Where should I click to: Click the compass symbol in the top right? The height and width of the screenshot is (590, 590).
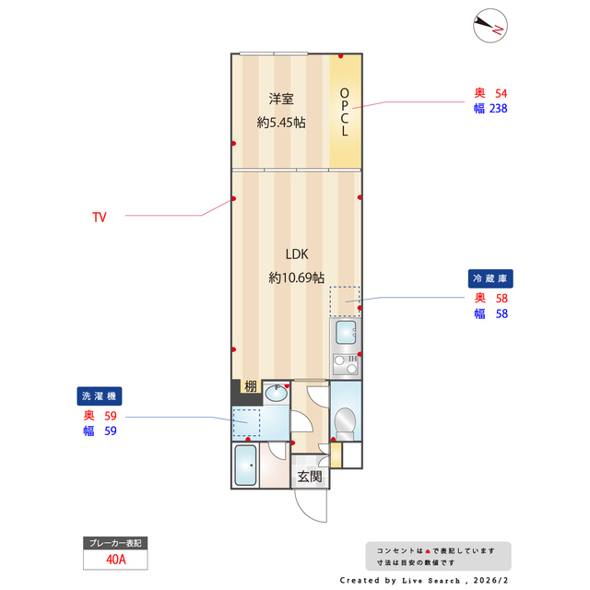pos(489,27)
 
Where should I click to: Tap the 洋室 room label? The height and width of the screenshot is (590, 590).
pos(281,100)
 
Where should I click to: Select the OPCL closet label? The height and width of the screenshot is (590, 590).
pos(345,112)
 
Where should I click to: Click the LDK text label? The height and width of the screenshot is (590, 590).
pos(295,254)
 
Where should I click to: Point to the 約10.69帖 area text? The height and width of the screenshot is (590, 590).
pos(295,277)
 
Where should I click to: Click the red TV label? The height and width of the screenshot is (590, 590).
pos(99,218)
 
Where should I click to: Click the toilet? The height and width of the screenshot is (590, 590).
pos(345,422)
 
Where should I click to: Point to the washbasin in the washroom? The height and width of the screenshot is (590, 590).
pos(276,395)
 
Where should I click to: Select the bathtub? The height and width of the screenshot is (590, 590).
pos(246,467)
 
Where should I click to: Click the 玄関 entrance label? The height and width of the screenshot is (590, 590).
pos(309,477)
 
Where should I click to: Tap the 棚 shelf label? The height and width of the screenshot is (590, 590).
pos(250,386)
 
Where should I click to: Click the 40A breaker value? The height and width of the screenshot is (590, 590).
pos(115,559)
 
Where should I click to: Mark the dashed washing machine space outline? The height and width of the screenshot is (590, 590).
pos(246,423)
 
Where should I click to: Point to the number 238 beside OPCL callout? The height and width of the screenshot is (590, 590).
pos(498,108)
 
